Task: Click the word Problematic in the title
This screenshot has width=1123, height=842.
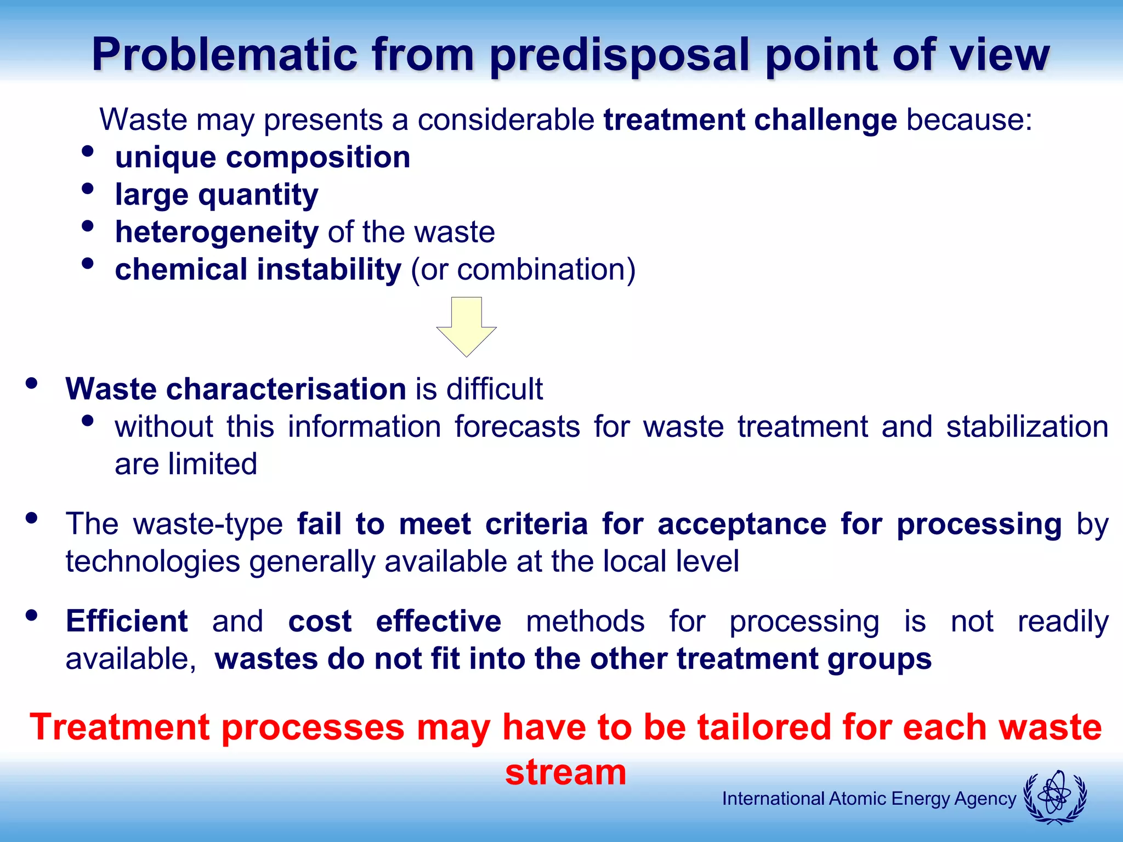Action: [x=224, y=54]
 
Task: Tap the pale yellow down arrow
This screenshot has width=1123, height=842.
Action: [x=466, y=327]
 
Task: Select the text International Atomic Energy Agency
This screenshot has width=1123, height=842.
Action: [x=869, y=799]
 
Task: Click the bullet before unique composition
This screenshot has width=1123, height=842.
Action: [x=87, y=151]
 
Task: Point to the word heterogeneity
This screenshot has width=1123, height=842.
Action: [x=217, y=232]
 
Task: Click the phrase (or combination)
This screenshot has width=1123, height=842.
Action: [x=523, y=270]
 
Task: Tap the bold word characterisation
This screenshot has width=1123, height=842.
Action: [x=286, y=389]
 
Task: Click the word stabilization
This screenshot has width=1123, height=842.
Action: [x=1027, y=427]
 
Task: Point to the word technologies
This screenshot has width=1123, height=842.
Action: [x=153, y=562]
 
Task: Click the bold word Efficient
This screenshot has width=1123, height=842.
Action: [x=127, y=622]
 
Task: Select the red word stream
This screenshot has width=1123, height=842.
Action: [x=565, y=772]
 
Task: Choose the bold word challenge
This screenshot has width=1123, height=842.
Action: [x=825, y=120]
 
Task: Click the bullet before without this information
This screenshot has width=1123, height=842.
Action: [x=87, y=421]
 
